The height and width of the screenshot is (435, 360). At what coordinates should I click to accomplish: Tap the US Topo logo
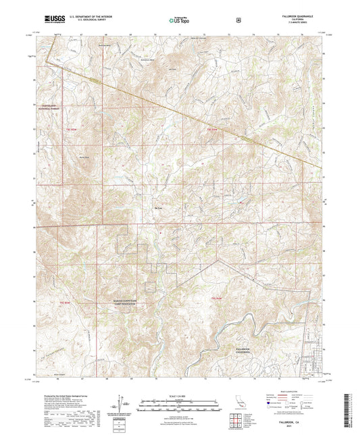178,20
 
